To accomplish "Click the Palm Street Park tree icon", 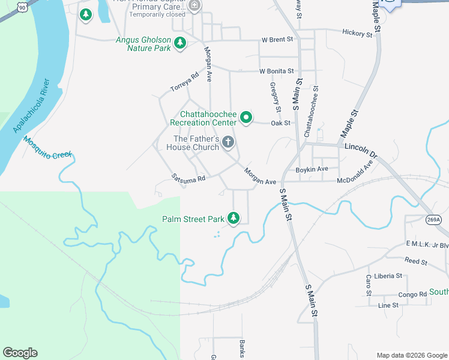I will (233, 218).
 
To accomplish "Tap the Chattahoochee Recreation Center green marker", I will (246, 118).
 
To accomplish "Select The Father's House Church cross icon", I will (228, 142).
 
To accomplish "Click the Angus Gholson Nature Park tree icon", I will (179, 43).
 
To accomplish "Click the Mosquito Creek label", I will (48, 148).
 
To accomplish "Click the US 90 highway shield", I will (22, 6).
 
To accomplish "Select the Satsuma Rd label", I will (188, 178).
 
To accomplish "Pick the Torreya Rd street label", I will (184, 82).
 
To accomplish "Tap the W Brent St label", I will (277, 40).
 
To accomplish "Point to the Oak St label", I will (280, 123).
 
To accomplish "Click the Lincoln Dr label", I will (361, 150).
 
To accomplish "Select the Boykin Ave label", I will (313, 169).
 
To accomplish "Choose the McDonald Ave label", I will (359, 174).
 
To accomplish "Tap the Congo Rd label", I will (412, 295).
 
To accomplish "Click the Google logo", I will (20, 353).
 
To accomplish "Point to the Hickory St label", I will (357, 33).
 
